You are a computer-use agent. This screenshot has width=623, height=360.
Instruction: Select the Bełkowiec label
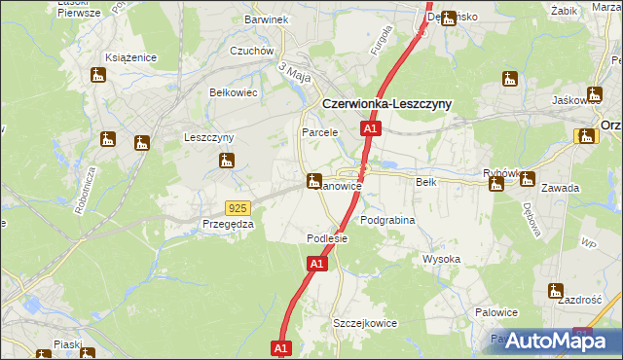point(233,92)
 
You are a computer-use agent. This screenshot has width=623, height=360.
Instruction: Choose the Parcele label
point(319,131)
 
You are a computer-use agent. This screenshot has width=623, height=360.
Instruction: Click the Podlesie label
point(327,238)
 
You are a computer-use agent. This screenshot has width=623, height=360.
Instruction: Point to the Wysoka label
point(441,260)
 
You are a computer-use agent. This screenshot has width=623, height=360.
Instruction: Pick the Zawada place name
point(562,188)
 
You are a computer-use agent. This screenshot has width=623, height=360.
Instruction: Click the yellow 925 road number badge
point(237,207)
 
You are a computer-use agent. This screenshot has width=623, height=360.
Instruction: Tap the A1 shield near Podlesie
point(316,264)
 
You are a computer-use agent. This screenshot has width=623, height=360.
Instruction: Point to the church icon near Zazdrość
point(556,290)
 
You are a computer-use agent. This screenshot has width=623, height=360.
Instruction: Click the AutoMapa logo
point(550,341)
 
